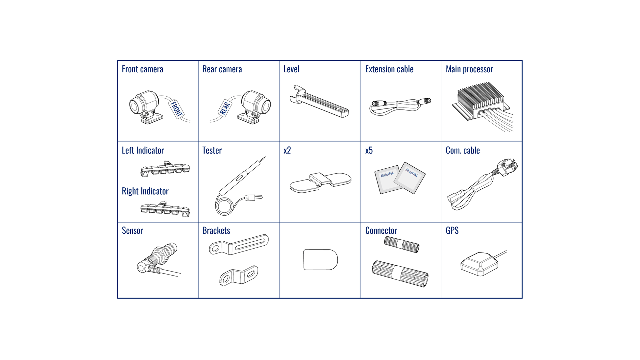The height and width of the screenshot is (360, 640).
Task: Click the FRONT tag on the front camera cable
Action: [x=176, y=109]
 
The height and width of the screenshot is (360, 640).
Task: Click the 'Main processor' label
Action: [x=469, y=69]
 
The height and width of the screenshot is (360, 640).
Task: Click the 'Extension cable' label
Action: [x=389, y=69]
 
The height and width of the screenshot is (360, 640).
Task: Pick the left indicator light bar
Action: [x=165, y=169]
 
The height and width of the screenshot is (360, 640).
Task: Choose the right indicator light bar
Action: [x=165, y=209]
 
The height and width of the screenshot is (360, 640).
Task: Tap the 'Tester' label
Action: [x=212, y=150]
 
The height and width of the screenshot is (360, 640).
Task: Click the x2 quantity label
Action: [x=287, y=150]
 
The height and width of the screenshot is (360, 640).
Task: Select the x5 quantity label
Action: [x=369, y=150]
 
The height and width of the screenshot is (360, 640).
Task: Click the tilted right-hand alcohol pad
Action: [x=409, y=178]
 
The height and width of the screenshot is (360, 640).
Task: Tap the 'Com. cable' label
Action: [x=463, y=150]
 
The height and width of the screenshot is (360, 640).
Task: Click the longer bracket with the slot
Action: [x=239, y=245]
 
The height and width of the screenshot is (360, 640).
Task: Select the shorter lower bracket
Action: [x=239, y=276]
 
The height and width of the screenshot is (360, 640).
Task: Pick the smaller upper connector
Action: [x=402, y=245]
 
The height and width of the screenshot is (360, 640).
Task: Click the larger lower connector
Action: [x=400, y=274]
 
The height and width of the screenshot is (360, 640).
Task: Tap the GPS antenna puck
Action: [x=480, y=264]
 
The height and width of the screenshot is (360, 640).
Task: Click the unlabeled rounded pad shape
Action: [x=320, y=260]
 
